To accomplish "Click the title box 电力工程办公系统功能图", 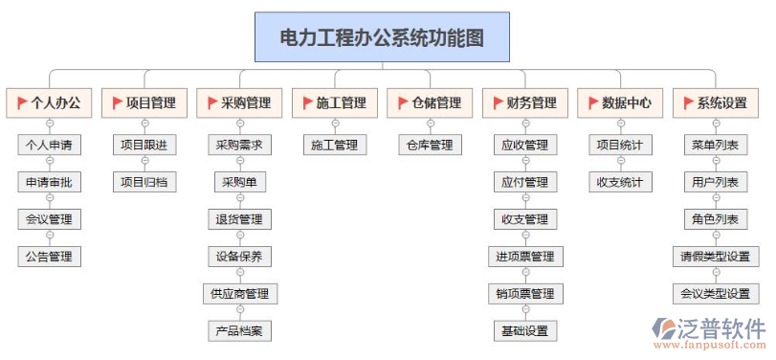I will (x=382, y=38).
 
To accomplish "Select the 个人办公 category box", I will (x=49, y=102).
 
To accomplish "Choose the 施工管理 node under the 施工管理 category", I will (x=334, y=146).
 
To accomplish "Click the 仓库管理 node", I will (x=430, y=146).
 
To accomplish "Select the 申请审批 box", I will (x=49, y=182).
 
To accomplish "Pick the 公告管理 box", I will (x=49, y=256).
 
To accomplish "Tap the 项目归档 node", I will (x=144, y=182).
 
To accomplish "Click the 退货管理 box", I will (x=239, y=219).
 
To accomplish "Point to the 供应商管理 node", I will (x=239, y=294).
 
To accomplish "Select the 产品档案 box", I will (x=239, y=331).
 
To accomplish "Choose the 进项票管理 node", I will (x=524, y=257).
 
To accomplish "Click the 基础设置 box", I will (x=524, y=331).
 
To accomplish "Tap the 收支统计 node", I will (x=620, y=182).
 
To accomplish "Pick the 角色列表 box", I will (x=715, y=219).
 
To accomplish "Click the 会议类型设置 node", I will (x=715, y=294).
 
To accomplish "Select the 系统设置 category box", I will (x=715, y=102).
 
